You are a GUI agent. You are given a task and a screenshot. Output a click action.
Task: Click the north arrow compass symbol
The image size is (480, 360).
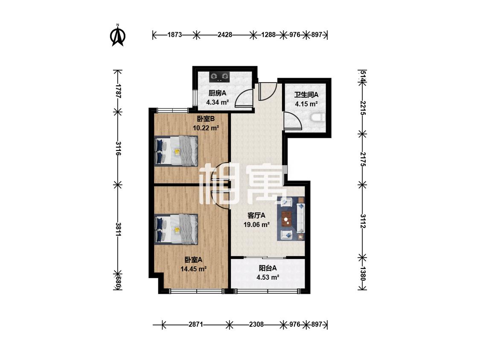coord(118,35)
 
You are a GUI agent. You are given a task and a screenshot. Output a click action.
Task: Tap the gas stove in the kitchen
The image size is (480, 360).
coord(219,76)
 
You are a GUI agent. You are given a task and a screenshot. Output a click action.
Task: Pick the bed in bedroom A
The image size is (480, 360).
coord(176,229)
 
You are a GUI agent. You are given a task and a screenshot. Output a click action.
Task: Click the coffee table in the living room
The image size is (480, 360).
coord(287,218)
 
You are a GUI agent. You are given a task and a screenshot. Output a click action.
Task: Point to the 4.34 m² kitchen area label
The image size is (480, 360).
coord(217,102)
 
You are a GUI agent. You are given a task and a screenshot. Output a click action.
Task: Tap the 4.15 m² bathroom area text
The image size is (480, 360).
coord(306,104)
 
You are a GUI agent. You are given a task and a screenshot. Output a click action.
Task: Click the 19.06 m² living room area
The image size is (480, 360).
coord(256,225)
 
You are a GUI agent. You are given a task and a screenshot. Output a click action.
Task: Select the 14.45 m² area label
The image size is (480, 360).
coord(193,269)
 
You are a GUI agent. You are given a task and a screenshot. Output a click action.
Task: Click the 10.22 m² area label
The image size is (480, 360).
coord(206,128)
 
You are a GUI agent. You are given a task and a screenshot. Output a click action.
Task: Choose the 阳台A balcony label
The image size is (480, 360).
coord(268,268)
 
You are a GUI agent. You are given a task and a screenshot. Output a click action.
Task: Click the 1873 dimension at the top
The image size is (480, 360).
coord(175,35)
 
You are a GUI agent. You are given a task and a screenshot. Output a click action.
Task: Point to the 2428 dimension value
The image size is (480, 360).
coord(225,35)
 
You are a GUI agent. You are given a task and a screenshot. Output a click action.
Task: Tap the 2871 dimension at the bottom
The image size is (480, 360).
coord(195,324)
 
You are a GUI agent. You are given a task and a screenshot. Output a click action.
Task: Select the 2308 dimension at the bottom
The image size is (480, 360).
coord(256,324)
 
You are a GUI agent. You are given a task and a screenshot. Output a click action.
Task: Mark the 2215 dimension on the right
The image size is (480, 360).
coord(363,108)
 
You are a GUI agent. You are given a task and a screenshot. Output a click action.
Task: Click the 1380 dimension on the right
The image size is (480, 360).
coord(363,273)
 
